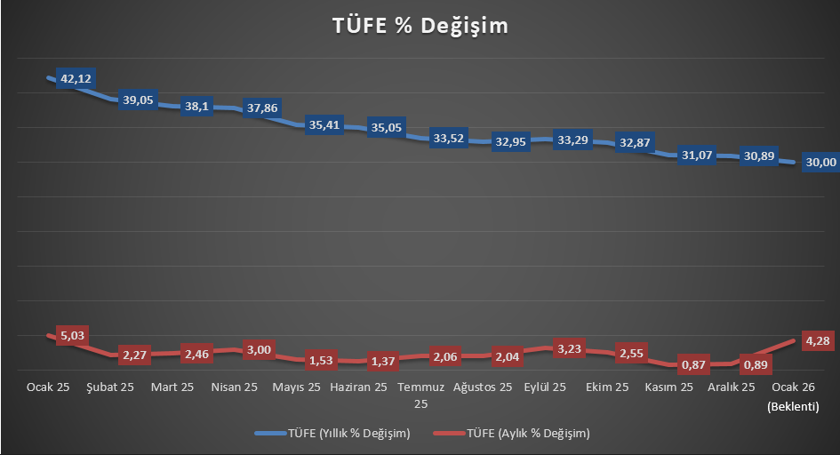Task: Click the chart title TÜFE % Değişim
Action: [x=420, y=26]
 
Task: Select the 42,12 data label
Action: [x=76, y=79]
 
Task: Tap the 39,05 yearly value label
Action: [x=138, y=100]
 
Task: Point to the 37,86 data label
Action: [x=262, y=108]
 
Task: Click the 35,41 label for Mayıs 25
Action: [x=324, y=125]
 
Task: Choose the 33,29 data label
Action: [x=572, y=140]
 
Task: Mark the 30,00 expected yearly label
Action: [x=820, y=162]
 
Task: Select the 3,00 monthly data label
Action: [x=260, y=349]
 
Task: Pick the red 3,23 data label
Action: [x=571, y=347]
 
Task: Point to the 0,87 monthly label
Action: [x=695, y=364]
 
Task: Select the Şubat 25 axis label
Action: [x=110, y=387]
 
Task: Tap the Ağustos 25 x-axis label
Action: [x=483, y=387]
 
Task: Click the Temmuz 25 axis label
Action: [x=420, y=395]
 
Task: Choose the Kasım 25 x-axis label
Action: [x=668, y=387]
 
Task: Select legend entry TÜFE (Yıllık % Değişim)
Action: [x=333, y=434]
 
